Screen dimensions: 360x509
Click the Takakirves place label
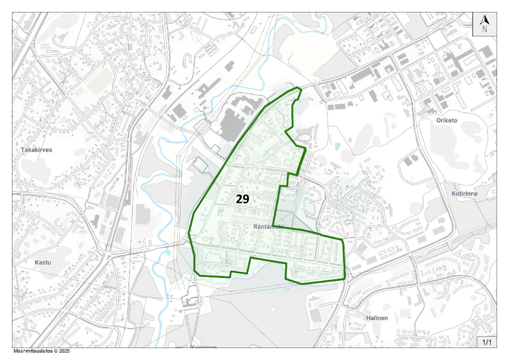pos(36,149)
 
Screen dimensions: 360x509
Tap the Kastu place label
pos(43,262)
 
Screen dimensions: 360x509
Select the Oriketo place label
pos(446,120)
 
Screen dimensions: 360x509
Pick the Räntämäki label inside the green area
pos(268,227)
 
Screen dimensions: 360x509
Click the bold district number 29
pos(243,199)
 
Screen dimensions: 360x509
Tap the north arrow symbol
pos(485,20)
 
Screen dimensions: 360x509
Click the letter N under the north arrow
pos(485,29)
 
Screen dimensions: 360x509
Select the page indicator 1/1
pos(487,342)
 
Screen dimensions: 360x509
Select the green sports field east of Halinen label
pos(405,313)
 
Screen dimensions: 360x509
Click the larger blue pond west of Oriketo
pos(338,147)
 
